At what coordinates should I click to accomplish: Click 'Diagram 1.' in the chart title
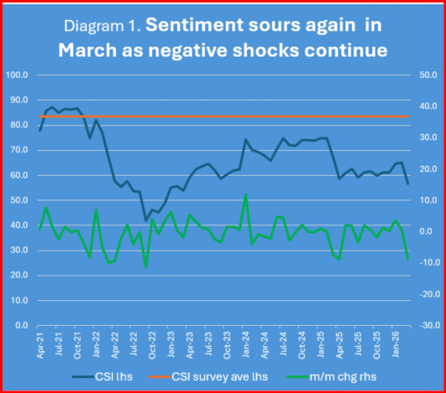[102, 27]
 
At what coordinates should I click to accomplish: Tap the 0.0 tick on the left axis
[21, 326]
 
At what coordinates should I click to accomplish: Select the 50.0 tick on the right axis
[428, 75]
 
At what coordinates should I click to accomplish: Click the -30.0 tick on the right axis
[428, 326]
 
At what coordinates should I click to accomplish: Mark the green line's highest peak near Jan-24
[246, 195]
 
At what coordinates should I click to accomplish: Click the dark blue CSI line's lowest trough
[145, 220]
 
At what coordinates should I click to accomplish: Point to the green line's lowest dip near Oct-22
[145, 267]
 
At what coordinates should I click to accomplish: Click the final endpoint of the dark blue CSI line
[408, 184]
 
